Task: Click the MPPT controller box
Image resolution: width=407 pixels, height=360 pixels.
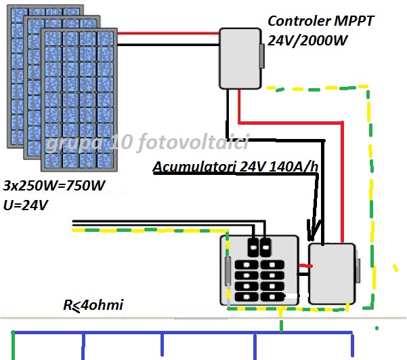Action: pyautogui.click(x=240, y=58)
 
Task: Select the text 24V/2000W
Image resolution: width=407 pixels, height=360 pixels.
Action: pyautogui.click(x=307, y=41)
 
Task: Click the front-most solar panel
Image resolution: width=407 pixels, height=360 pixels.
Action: pyautogui.click(x=79, y=98)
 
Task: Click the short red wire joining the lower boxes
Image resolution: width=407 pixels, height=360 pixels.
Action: pyautogui.click(x=304, y=266)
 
